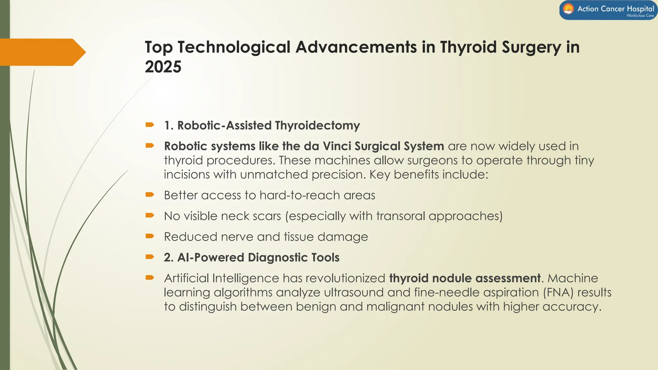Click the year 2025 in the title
tap(163, 67)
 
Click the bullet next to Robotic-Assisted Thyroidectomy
tap(150, 125)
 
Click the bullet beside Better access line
tap(150, 194)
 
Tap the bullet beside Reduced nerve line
tap(150, 236)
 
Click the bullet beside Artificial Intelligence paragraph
tap(150, 277)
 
